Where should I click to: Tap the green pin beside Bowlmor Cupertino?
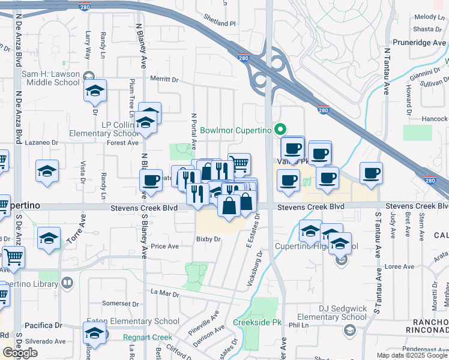click(x=279, y=129)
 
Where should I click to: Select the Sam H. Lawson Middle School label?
click(x=50, y=78)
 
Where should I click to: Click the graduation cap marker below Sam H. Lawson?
click(x=95, y=91)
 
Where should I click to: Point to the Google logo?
click(x=20, y=353)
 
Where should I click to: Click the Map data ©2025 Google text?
click(x=412, y=355)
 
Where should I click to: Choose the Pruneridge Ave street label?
click(x=418, y=43)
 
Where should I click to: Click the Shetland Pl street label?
click(x=220, y=23)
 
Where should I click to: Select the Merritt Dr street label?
click(x=164, y=79)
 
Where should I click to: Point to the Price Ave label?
click(x=164, y=246)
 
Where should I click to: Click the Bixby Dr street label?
click(x=209, y=239)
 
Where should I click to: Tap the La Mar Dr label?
click(x=165, y=293)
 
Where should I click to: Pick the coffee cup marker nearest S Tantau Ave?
click(x=371, y=173)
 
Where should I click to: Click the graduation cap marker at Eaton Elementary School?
click(x=95, y=333)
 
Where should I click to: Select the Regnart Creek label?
click(x=148, y=337)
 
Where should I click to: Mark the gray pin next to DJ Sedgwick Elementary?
click(x=348, y=330)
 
